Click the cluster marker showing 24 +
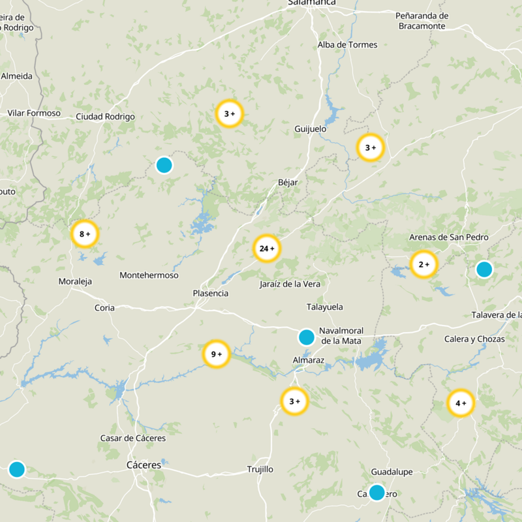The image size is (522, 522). coord(266,249)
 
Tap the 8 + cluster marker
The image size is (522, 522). coord(85,234)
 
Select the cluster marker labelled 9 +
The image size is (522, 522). coord(217,354)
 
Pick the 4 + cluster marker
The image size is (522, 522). coord(461,403)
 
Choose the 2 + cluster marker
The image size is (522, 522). coord(423,264)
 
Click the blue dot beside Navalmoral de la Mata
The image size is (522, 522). coord(306,337)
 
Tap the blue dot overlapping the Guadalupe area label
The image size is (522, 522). coord(376,492)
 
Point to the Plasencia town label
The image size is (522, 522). coord(211,294)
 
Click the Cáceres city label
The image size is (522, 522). coord(144,465)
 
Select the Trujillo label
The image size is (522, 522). coord(260,469)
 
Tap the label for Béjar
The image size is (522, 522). coord(288,183)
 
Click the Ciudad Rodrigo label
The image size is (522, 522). coord(105,117)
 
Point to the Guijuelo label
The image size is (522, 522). coord(311,129)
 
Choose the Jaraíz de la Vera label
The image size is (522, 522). coord(290,284)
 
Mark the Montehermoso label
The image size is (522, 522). coord(149,275)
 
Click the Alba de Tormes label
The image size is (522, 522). coord(347,45)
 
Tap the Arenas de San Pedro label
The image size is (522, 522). coord(448,238)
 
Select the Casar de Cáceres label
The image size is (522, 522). coord(132,438)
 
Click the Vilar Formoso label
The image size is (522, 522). coord(34,113)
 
